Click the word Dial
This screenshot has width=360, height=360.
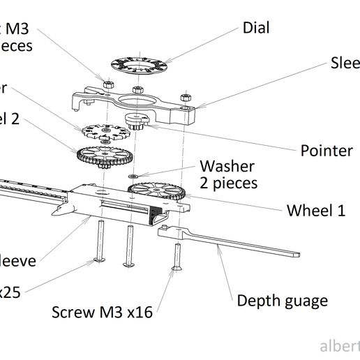click(256, 28)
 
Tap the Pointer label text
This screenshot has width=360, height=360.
click(327, 151)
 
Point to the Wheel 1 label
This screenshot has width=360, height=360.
click(316, 211)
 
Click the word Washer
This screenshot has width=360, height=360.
click(227, 167)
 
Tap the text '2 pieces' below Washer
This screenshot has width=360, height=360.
click(229, 183)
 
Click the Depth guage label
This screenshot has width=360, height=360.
click(282, 301)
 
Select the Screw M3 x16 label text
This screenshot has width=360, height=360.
click(102, 311)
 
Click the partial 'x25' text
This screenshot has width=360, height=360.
click(10, 292)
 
